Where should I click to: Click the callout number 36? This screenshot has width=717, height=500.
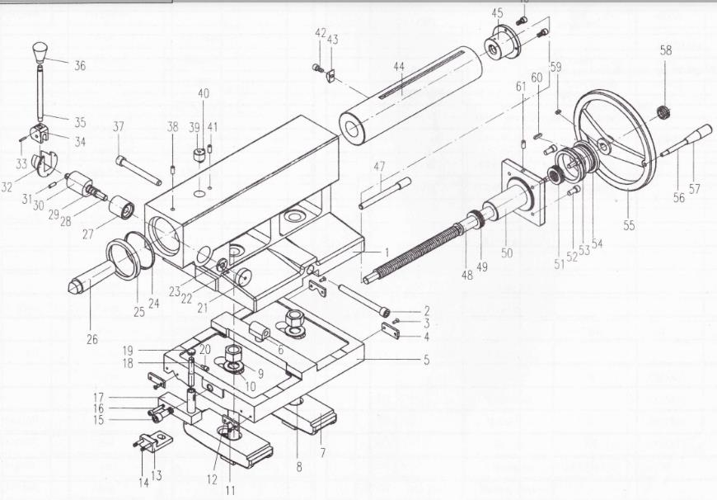(80, 65)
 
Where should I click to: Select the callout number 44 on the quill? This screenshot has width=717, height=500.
(399, 66)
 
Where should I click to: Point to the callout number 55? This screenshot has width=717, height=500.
(629, 225)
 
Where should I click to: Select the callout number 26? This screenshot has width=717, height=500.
(92, 339)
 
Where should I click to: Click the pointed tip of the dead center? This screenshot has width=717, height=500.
(72, 288)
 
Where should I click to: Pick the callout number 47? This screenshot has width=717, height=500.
(380, 166)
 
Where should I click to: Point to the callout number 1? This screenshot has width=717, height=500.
(387, 252)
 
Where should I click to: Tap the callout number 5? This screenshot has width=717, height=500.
(426, 360)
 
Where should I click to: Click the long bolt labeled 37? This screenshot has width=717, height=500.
(138, 169)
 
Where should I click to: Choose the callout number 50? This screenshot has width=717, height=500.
(507, 252)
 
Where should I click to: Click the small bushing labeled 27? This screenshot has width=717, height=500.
(121, 207)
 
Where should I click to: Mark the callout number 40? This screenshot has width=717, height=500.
(204, 93)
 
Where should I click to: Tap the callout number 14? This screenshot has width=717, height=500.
(143, 483)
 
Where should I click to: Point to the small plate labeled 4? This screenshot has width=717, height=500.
(391, 330)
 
